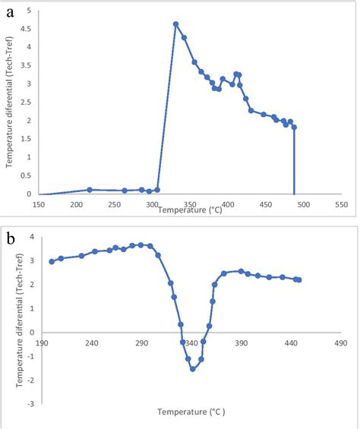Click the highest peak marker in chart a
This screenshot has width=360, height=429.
point(175,24)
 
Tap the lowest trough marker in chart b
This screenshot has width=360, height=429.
point(193,369)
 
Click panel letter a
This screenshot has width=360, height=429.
point(10,13)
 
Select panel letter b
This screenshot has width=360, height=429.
point(11,239)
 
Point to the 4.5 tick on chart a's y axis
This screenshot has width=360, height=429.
point(26,29)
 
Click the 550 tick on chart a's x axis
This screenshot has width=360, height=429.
point(341,205)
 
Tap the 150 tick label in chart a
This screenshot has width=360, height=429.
point(39,205)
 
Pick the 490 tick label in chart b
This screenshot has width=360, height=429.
point(341,343)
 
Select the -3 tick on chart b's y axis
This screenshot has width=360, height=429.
point(30,404)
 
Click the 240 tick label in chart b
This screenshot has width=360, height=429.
point(91,343)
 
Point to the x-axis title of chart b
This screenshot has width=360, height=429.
point(191,412)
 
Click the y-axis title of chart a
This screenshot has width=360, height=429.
point(9,103)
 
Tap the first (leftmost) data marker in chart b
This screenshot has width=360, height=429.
point(52,262)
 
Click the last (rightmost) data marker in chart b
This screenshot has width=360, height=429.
point(299,280)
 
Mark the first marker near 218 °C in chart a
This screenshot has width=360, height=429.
point(90,190)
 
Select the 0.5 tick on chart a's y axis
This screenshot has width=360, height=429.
point(26,175)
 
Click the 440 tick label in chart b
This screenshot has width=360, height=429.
point(291,343)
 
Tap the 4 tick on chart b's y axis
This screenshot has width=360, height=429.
point(33,236)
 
